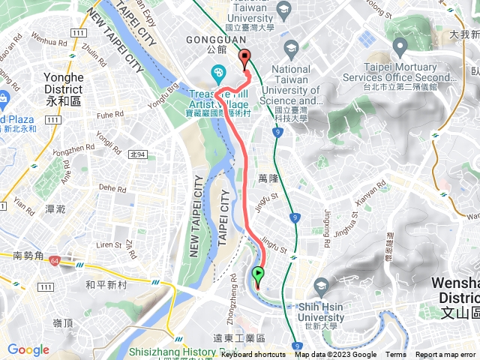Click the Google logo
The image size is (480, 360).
[28, 349]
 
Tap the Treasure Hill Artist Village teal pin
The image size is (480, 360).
[217, 73]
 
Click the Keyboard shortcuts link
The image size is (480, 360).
[253, 355]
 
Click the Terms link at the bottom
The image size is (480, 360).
[396, 355]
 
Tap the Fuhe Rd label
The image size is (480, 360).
[109, 115]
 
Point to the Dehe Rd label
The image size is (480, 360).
[112, 189]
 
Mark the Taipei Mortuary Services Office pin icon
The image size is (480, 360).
[399, 49]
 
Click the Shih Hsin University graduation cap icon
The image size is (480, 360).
[321, 285]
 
